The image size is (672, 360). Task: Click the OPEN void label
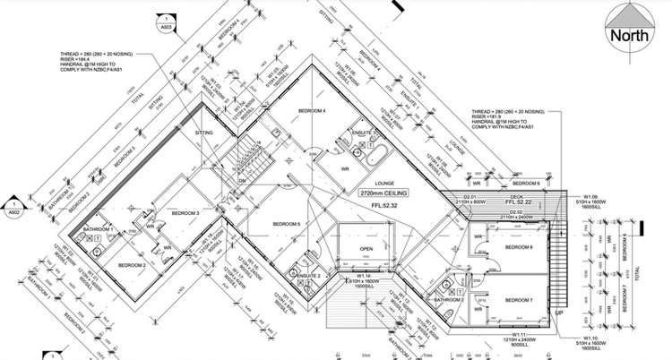coord(366,249)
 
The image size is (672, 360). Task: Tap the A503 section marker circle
coord(166,23)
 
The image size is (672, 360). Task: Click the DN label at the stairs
coord(241,180)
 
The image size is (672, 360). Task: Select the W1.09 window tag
coord(590,196)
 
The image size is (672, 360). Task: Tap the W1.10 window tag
coord(590,339)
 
